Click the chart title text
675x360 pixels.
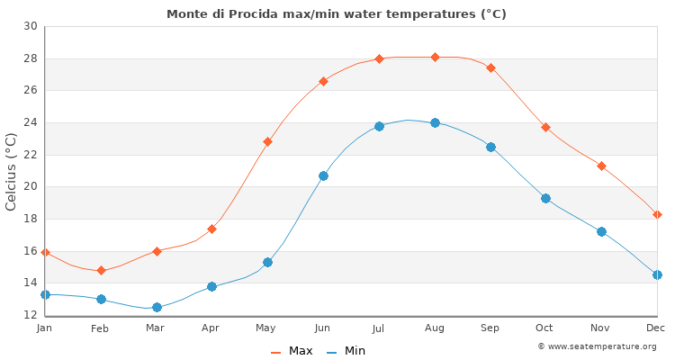[x=337, y=13]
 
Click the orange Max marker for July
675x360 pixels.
[x=379, y=58]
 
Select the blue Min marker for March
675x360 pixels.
[x=157, y=307]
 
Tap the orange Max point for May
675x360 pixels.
[x=267, y=141]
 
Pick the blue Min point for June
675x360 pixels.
[x=323, y=175]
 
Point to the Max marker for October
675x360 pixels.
[x=545, y=127]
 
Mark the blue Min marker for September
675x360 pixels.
[x=490, y=147]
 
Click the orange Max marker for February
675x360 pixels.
[x=101, y=270]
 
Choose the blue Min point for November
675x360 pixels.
[x=601, y=231]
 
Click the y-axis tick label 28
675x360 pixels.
[x=30, y=58]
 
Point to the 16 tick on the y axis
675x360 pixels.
[x=30, y=251]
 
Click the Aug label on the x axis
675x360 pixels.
[x=435, y=328]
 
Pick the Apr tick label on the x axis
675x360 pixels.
[x=211, y=328]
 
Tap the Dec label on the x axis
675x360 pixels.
[x=655, y=328]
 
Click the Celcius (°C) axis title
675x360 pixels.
[x=12, y=171]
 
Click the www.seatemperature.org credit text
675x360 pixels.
[x=597, y=346]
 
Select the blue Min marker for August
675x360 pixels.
[x=435, y=122]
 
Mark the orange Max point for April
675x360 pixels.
[x=211, y=229]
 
